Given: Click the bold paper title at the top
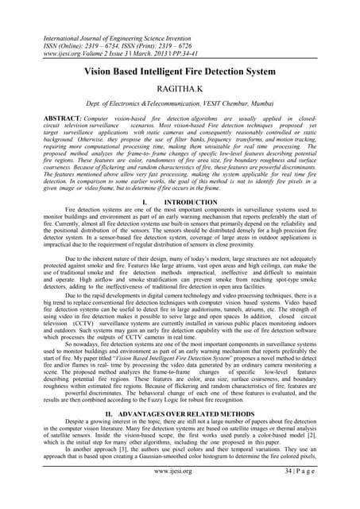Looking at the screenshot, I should coord(180,72).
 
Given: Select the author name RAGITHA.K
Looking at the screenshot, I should coord(180,92).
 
